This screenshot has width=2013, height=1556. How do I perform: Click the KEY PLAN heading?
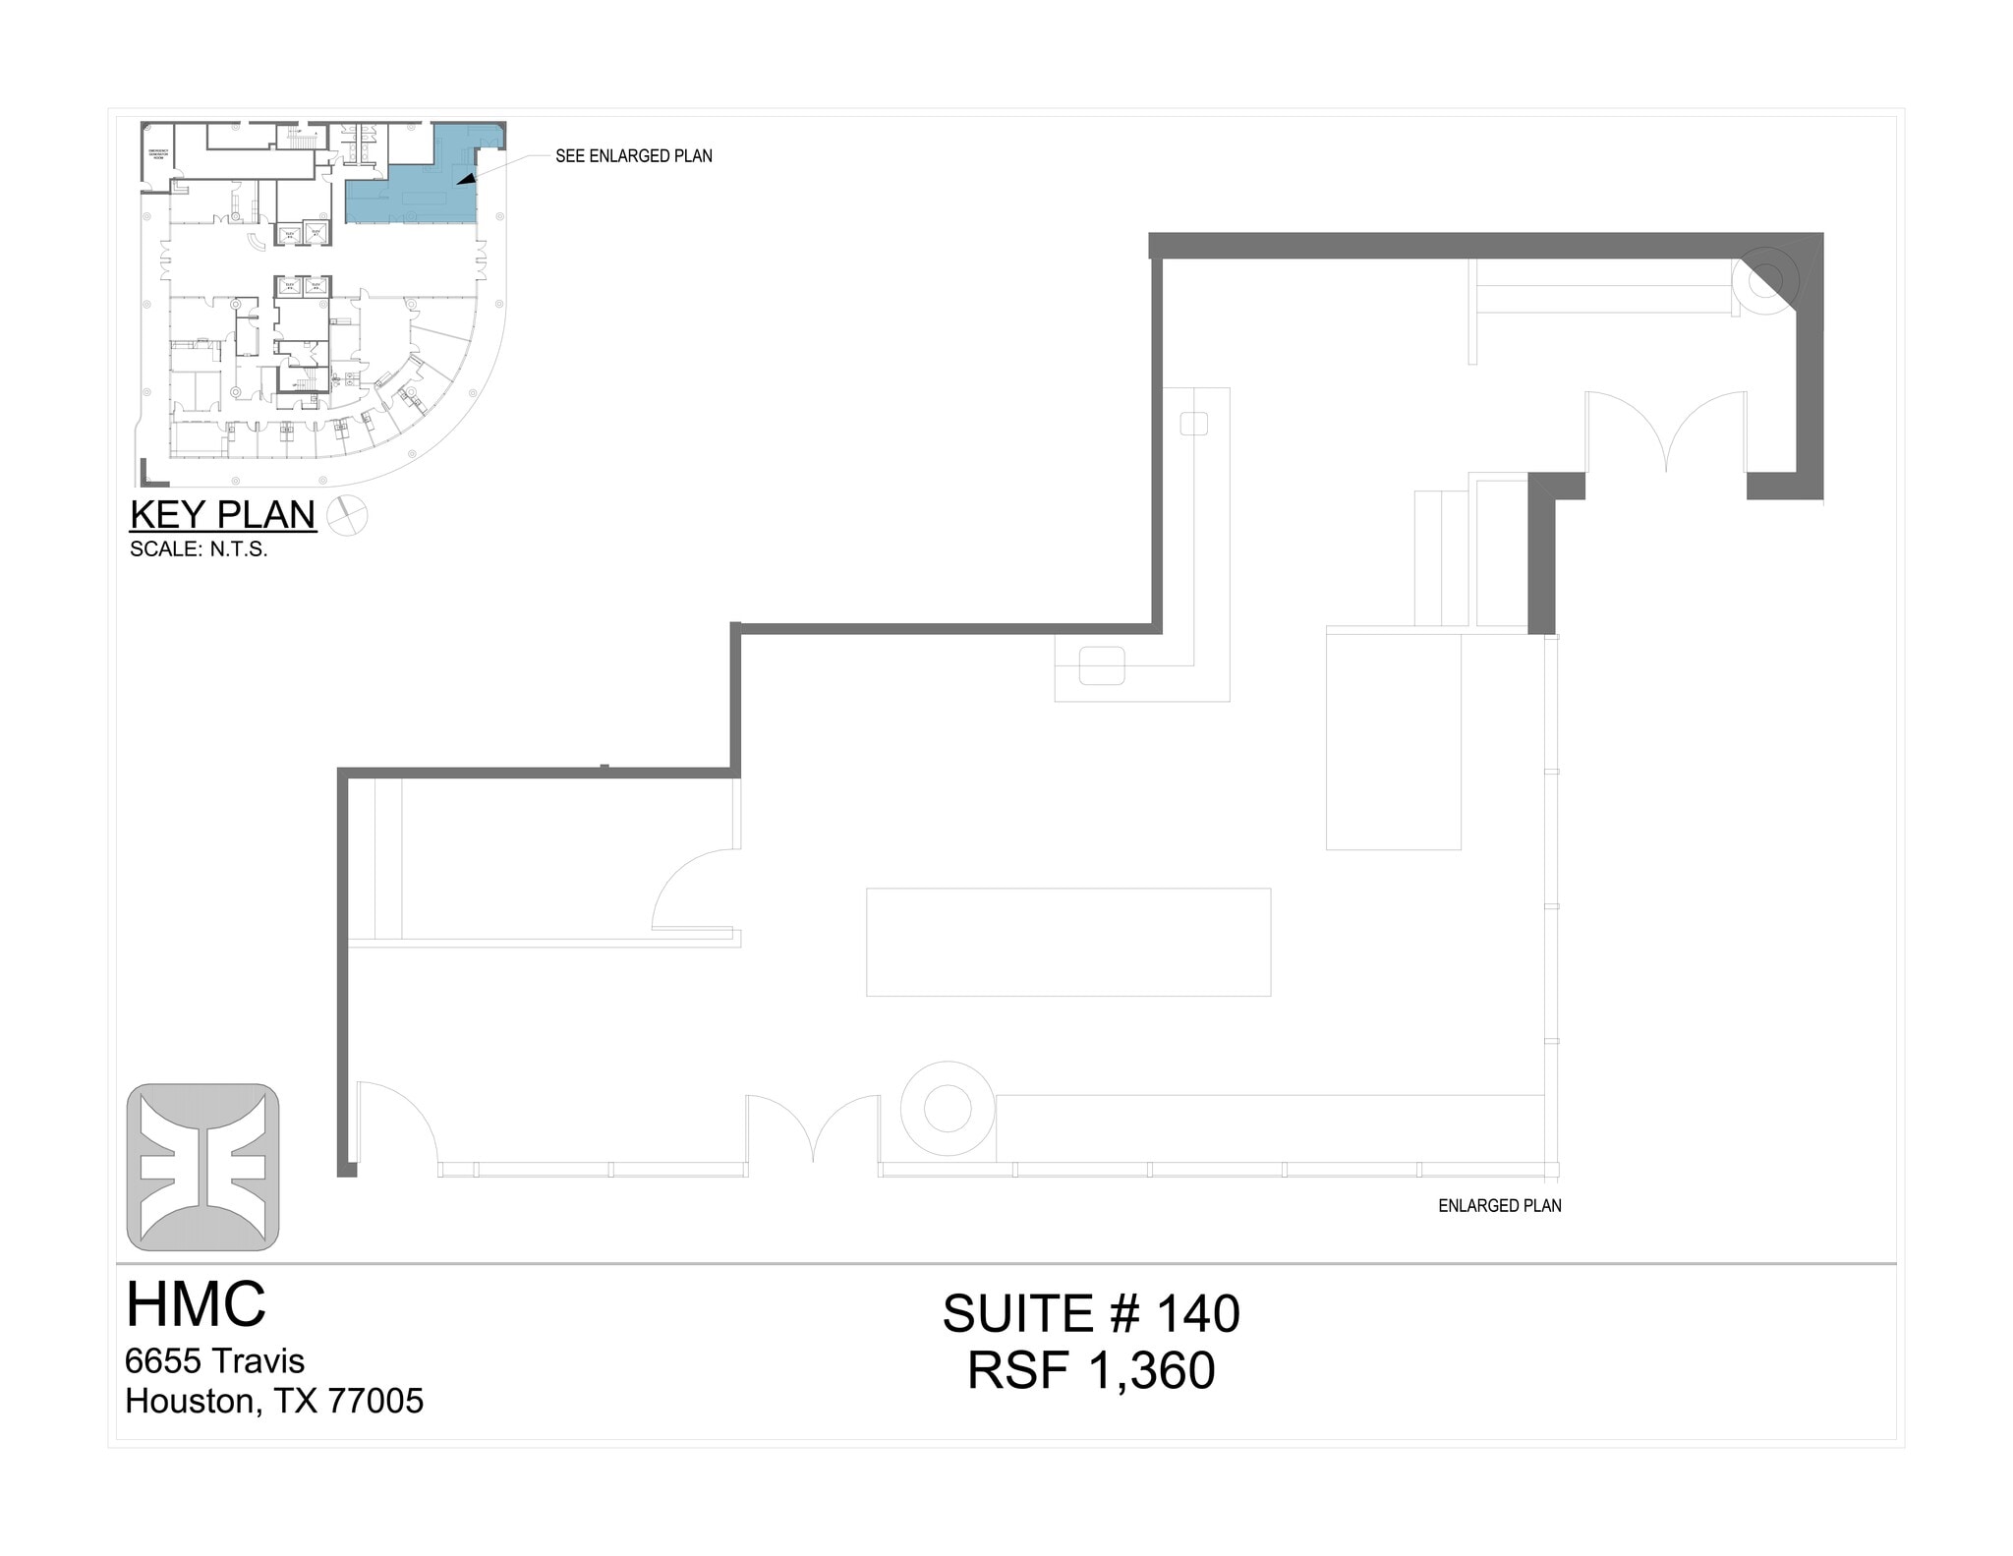click(x=223, y=515)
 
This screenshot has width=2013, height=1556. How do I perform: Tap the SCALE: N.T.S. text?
click(x=199, y=549)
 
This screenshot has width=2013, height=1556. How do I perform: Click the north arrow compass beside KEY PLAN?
click(x=346, y=516)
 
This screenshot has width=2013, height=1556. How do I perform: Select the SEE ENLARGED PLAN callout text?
click(x=633, y=156)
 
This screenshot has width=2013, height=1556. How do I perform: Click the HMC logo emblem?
click(x=202, y=1167)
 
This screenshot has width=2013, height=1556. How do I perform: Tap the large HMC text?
click(x=196, y=1304)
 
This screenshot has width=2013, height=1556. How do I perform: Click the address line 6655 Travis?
click(x=214, y=1361)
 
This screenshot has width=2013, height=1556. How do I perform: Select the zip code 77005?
click(x=374, y=1401)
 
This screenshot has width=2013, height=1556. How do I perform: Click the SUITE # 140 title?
click(x=1090, y=1314)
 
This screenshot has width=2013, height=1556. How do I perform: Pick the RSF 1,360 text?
click(x=1090, y=1371)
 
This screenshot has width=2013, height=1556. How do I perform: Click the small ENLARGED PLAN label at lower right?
click(x=1499, y=1206)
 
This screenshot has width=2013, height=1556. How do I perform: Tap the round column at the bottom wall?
click(x=948, y=1109)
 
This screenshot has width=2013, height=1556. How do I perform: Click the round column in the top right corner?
click(x=1765, y=280)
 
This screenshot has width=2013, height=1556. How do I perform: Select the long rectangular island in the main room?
click(x=1067, y=942)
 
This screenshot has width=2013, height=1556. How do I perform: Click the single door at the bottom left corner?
click(x=395, y=1125)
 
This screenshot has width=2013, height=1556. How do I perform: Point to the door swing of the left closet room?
click(x=693, y=890)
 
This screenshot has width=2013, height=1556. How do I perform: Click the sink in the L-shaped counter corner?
click(x=1101, y=665)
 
